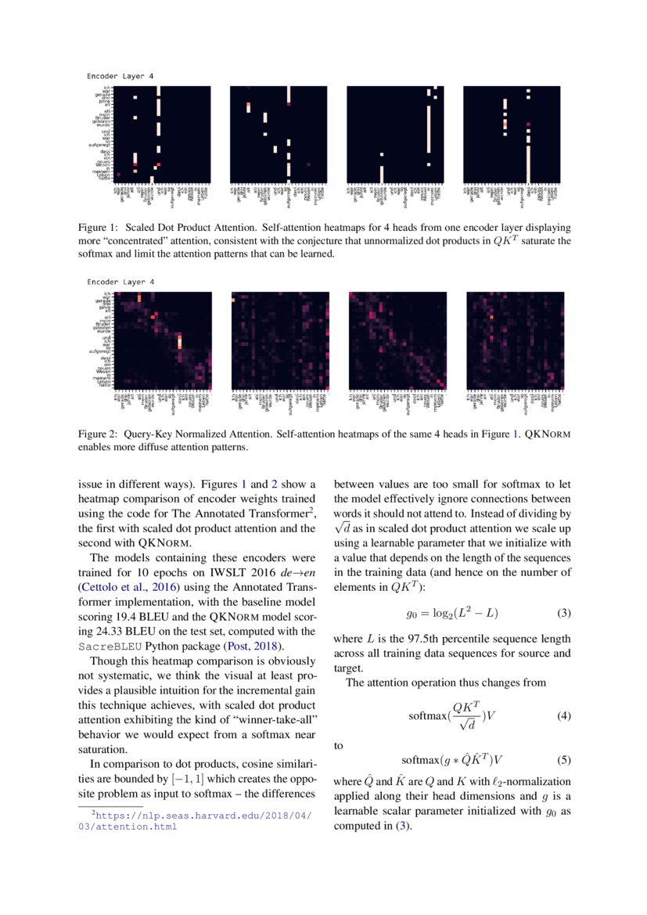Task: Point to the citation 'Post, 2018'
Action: pyautogui.click(x=252, y=647)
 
